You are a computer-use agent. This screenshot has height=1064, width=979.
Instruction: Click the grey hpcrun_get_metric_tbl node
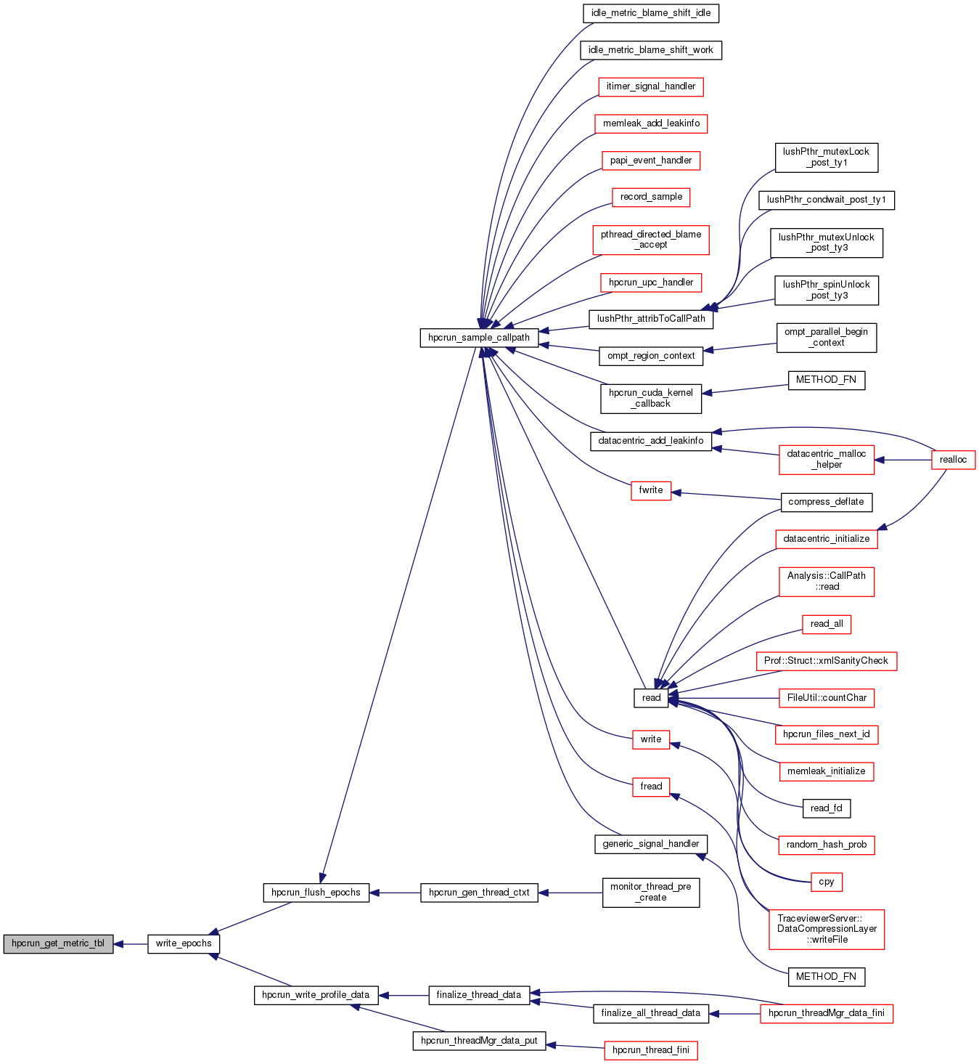click(x=58, y=943)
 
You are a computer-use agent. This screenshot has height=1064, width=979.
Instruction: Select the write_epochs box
click(x=184, y=943)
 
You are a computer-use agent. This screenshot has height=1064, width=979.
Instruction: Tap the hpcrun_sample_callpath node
click(x=479, y=338)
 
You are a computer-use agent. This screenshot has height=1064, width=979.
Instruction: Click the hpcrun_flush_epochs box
click(x=316, y=893)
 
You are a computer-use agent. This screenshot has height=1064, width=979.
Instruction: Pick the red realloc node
click(x=953, y=460)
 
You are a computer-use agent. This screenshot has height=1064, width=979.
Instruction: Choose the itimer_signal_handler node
click(x=650, y=86)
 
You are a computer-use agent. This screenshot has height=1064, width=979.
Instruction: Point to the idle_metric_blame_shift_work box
click(x=650, y=50)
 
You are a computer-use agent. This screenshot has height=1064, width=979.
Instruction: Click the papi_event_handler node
click(x=650, y=161)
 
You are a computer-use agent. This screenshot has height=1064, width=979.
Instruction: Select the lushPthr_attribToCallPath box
click(x=650, y=319)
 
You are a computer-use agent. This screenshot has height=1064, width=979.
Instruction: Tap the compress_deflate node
click(x=826, y=502)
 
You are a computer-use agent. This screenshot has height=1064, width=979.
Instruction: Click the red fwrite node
click(x=650, y=490)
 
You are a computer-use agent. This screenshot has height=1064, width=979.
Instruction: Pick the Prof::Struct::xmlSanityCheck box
click(x=826, y=661)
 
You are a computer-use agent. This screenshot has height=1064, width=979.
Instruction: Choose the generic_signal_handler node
click(x=650, y=844)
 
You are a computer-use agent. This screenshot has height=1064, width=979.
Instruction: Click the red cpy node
click(x=826, y=882)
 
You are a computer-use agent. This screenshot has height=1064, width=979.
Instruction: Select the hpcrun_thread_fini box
click(x=650, y=1050)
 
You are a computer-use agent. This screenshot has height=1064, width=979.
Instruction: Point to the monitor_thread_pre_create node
click(x=650, y=892)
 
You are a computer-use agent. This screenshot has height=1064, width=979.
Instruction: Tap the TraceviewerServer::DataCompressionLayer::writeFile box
click(x=826, y=929)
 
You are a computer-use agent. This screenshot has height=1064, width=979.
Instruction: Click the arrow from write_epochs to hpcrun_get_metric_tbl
click(x=131, y=944)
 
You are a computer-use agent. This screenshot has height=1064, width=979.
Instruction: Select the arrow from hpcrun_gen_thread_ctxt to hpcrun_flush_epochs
click(x=395, y=893)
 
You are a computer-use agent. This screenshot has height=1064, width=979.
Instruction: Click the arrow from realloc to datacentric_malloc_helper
click(x=903, y=460)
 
